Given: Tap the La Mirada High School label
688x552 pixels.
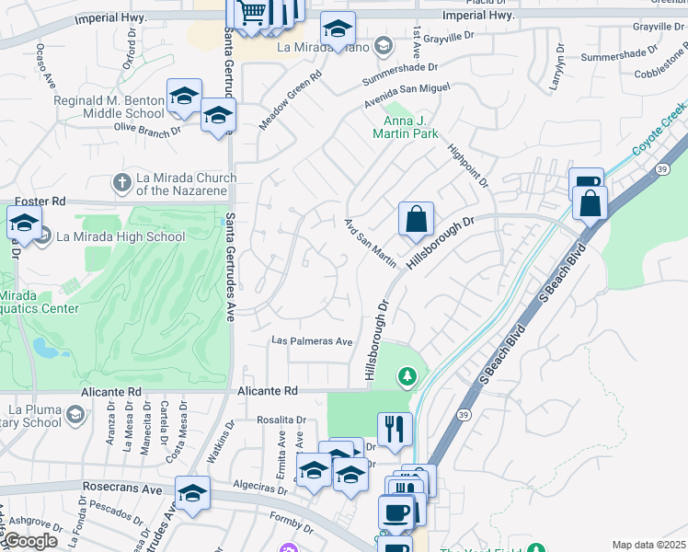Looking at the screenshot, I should [120, 236].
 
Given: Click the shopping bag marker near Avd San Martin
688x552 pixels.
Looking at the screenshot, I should [416, 220].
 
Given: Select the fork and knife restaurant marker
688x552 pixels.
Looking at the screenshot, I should [395, 429].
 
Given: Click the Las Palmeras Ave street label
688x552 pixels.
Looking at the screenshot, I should [312, 341].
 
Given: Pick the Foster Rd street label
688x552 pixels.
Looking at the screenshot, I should [41, 201].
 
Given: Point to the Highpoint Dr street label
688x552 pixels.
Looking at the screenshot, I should [467, 161].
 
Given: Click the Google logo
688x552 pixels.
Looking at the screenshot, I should [29, 541].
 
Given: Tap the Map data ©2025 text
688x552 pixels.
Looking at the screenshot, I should [648, 545].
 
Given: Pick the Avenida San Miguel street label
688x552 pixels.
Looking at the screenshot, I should [406, 93].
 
